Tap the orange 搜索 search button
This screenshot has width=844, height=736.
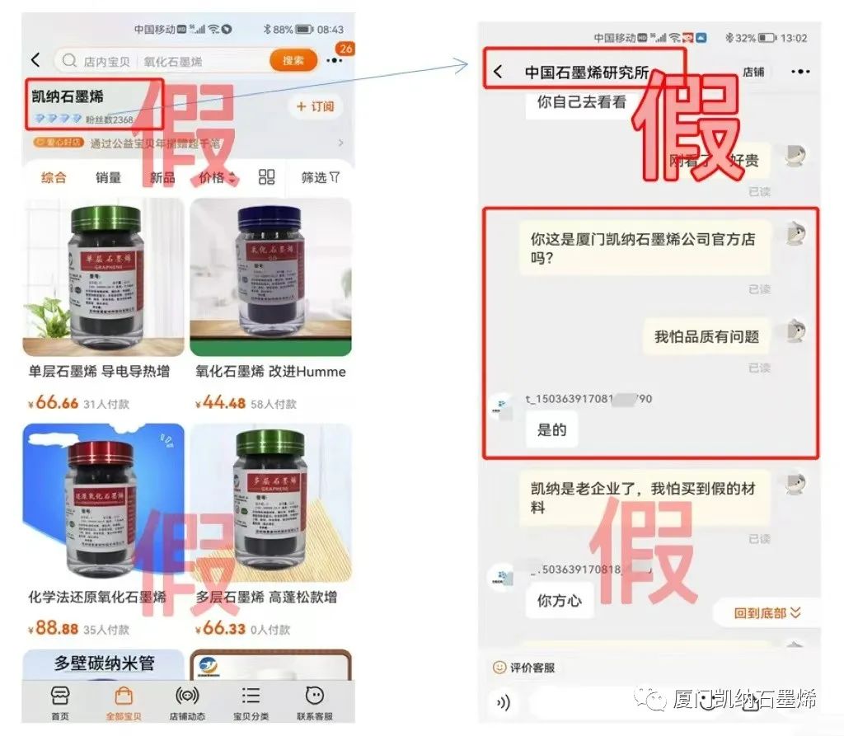(x=293, y=60)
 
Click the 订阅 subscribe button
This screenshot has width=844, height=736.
(x=315, y=107)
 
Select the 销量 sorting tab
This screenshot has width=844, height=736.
(x=108, y=177)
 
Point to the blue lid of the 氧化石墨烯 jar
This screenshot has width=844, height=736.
(x=270, y=219)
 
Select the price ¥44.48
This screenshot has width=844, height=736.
(x=221, y=403)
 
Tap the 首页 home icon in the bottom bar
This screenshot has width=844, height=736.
(x=60, y=702)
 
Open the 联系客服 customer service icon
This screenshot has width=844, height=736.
(x=314, y=702)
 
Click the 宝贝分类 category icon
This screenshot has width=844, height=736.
(x=251, y=702)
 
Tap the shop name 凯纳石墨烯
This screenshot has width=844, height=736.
(x=68, y=97)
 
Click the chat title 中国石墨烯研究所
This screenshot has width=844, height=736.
(x=586, y=73)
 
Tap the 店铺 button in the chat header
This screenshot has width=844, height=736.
(x=753, y=72)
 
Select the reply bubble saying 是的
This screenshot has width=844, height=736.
(x=552, y=430)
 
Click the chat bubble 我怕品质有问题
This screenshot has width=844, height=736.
(x=706, y=336)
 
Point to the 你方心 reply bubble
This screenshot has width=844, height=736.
(x=559, y=601)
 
